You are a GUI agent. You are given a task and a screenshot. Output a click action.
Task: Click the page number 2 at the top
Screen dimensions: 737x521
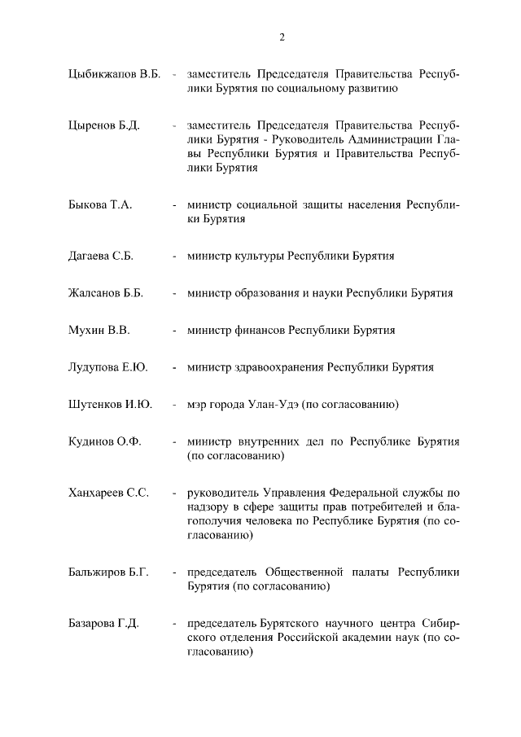coord(282,37)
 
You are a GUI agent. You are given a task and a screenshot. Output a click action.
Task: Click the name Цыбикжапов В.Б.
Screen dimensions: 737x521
coord(113,75)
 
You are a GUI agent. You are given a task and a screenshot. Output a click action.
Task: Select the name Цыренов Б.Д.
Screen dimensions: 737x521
coord(103,125)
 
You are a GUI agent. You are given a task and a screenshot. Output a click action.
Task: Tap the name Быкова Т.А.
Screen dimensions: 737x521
coord(99,204)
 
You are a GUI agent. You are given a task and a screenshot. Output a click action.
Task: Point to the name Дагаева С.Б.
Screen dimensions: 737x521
coord(100,256)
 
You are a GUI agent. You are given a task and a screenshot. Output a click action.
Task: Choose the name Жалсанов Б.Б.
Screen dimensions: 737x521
coord(105,293)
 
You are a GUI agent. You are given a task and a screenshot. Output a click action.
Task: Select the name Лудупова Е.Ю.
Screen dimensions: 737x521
coord(107,367)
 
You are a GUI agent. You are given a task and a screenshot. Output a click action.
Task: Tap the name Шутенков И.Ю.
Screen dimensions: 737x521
coord(109,404)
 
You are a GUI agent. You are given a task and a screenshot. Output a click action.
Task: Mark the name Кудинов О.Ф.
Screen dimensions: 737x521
coord(104,441)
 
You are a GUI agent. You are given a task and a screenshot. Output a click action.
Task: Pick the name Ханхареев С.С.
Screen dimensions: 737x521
coord(107,493)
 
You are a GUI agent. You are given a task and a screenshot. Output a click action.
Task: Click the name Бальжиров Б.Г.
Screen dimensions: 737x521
coord(108,572)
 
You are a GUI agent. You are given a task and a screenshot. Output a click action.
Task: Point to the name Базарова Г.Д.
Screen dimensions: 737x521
coord(103,624)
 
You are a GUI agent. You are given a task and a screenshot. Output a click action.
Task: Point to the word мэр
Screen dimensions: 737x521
coord(198,404)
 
